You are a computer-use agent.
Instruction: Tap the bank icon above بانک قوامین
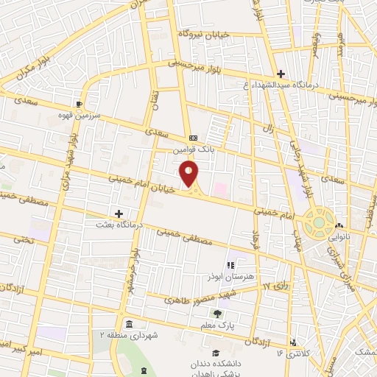[x=193, y=138]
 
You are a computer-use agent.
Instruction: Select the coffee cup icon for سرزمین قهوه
[x=79, y=104]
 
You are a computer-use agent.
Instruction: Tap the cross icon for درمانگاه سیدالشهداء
[x=280, y=74]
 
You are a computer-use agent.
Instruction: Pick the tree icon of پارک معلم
[x=216, y=314]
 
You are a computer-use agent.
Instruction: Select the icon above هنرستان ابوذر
[x=230, y=265]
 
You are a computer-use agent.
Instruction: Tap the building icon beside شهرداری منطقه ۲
[x=129, y=325]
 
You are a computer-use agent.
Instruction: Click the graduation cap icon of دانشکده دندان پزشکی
[x=215, y=353]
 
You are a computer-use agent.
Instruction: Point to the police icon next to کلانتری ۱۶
[x=295, y=343]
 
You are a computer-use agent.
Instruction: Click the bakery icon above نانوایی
[x=339, y=226]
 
